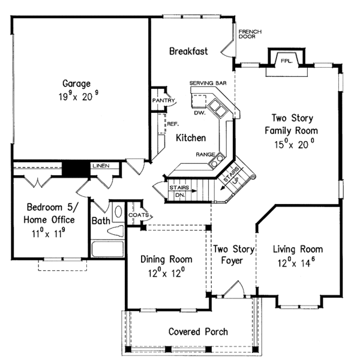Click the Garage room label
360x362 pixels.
(x=76, y=83)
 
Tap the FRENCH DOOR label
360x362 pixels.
(x=247, y=34)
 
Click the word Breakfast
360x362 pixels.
(x=188, y=51)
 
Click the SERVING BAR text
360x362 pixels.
(x=208, y=82)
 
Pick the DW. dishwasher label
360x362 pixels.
(x=200, y=112)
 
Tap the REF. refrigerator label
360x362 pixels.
(x=173, y=124)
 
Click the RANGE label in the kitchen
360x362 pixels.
(x=205, y=154)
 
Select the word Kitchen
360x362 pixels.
(x=191, y=137)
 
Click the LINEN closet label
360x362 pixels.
(x=100, y=165)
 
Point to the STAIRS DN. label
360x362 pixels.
(x=179, y=191)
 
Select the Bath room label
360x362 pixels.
(x=100, y=221)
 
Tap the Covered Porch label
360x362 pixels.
(x=197, y=331)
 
